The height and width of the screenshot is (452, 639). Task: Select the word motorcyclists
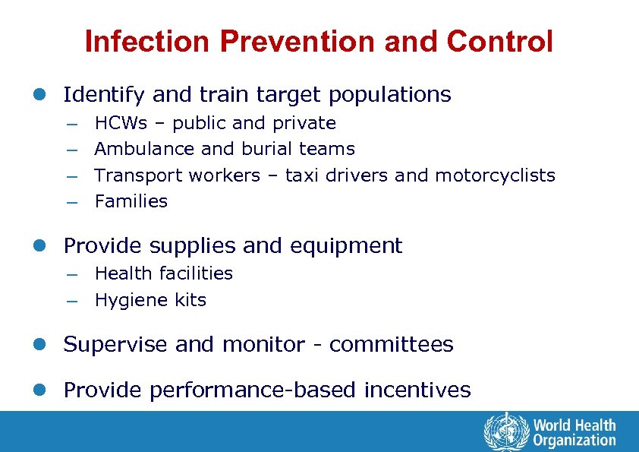[495, 175]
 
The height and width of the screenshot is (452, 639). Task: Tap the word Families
[131, 201]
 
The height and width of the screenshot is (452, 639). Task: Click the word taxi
[302, 175]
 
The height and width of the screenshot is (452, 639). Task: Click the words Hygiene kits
[150, 300]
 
